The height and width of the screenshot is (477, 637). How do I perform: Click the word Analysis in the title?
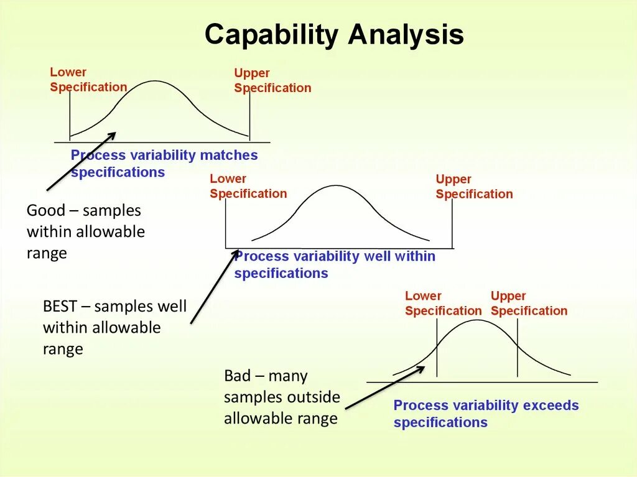pyautogui.click(x=406, y=35)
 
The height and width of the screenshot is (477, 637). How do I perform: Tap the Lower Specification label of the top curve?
pyautogui.click(x=88, y=80)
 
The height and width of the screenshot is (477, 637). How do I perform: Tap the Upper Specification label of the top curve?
pyautogui.click(x=272, y=81)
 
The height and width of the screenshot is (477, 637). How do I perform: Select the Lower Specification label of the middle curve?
pyautogui.click(x=248, y=186)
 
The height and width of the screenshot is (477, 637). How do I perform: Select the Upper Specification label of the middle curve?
pyautogui.click(x=474, y=187)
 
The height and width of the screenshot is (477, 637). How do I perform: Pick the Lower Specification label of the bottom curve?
pyautogui.click(x=443, y=303)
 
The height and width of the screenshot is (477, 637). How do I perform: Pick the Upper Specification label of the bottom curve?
pyautogui.click(x=529, y=303)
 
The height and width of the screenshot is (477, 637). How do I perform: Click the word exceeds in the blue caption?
pyautogui.click(x=551, y=405)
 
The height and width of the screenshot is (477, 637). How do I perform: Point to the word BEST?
pyautogui.click(x=60, y=307)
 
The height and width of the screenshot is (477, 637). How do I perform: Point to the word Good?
pyautogui.click(x=45, y=211)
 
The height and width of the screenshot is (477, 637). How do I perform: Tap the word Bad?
pyautogui.click(x=237, y=376)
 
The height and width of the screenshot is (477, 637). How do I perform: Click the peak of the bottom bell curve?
pyautogui.click(x=477, y=320)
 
